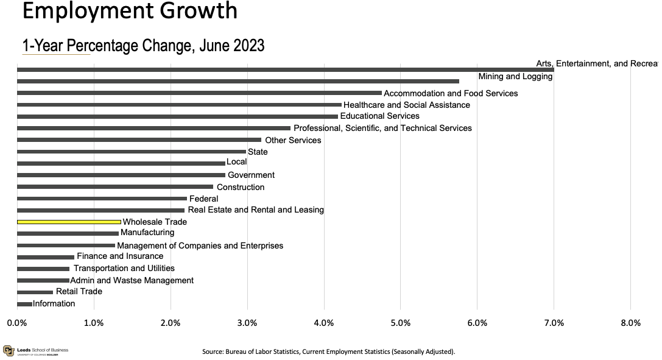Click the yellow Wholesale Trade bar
coord(69,222)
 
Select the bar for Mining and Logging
coord(238,81)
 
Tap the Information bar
coord(24,304)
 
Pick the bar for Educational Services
coord(177,116)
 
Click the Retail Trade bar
coord(35,292)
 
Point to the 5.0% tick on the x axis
coord(400,323)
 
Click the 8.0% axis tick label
coord(630,323)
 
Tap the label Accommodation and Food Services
coord(451,93)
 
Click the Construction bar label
coord(241,187)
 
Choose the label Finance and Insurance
coord(120,256)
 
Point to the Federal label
coord(203,199)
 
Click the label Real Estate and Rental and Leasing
coord(256,210)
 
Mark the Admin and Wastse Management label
coord(132,281)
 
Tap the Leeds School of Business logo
coord(35,351)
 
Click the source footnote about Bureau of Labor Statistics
coord(328,351)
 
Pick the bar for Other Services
coord(139,140)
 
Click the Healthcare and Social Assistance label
coord(407,105)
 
